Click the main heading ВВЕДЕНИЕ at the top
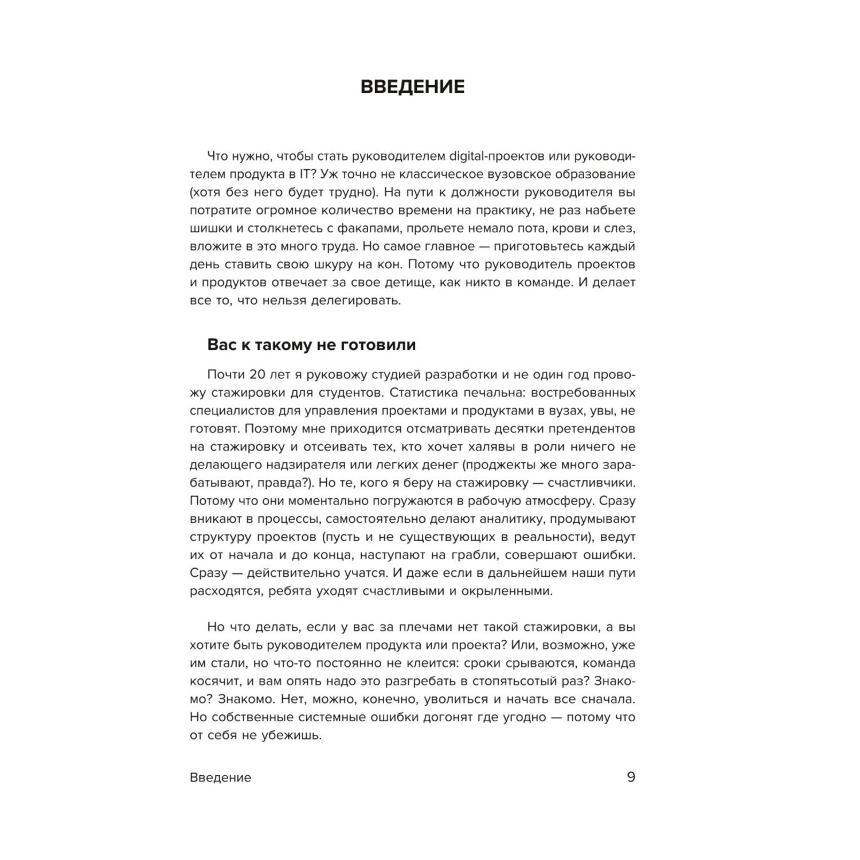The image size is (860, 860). pyautogui.click(x=412, y=87)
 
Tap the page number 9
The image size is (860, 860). pyautogui.click(x=631, y=777)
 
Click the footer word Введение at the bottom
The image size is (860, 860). pyautogui.click(x=220, y=778)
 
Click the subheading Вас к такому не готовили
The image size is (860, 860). pyautogui.click(x=311, y=345)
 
